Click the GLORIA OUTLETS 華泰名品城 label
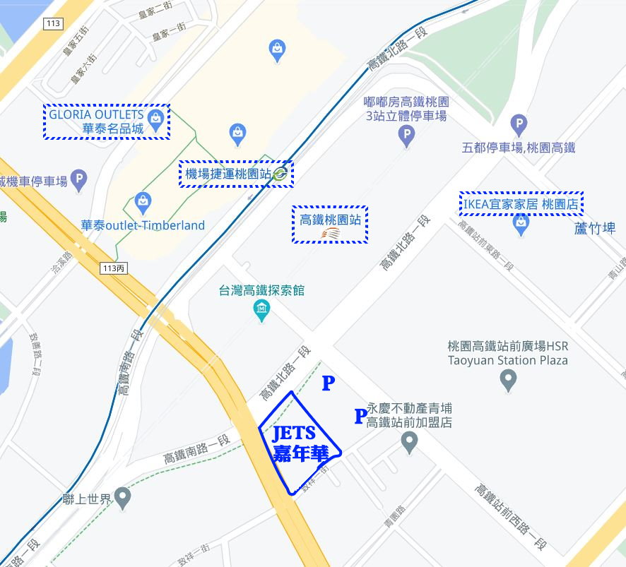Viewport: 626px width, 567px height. [96, 121]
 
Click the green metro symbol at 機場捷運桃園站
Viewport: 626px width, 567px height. [280, 173]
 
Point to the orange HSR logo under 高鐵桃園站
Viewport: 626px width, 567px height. [330, 233]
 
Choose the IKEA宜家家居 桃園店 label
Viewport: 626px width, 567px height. [521, 203]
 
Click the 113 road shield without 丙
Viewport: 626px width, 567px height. [52, 23]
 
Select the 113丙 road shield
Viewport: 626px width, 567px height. [113, 268]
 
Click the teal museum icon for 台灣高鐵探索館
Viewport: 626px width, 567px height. [262, 309]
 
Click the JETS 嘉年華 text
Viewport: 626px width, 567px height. [293, 444]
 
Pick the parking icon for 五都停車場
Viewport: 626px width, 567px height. [519, 125]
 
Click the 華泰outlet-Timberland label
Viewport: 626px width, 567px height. [142, 226]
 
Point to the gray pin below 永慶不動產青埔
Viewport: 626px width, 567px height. [409, 442]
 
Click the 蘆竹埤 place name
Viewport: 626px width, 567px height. [594, 228]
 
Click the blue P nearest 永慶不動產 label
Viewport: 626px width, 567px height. [360, 417]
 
